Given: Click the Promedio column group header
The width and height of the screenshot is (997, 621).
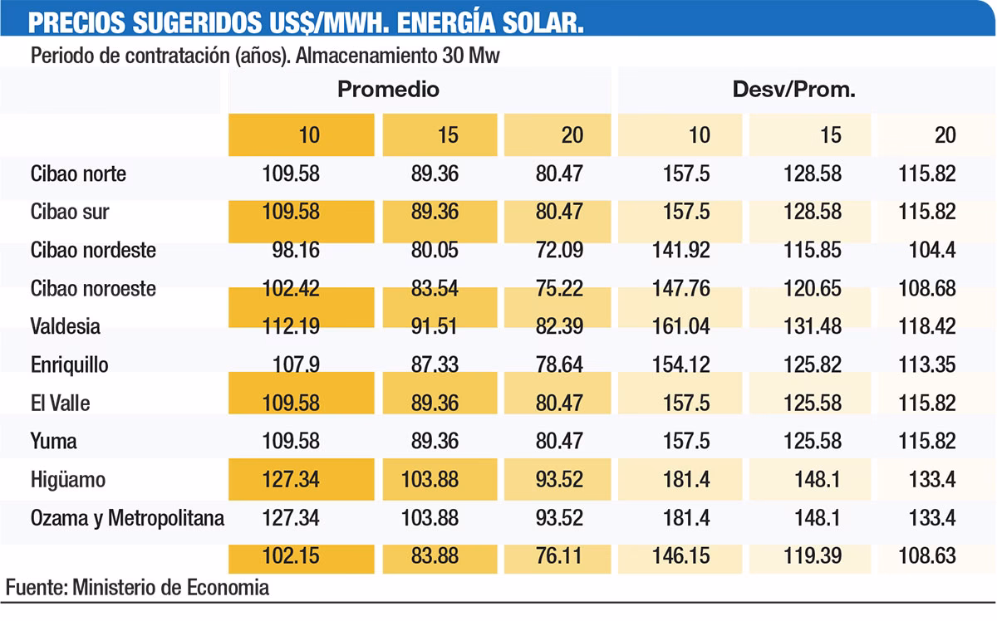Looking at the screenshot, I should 388,89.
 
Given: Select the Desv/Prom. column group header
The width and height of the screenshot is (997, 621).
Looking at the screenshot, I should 793,89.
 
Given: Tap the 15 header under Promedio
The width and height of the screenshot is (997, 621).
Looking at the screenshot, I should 447,135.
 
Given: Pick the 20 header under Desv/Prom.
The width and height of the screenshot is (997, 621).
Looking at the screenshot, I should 945,135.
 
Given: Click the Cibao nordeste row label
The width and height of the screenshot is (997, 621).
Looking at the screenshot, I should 93,250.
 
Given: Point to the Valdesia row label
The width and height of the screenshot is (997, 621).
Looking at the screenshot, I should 66,326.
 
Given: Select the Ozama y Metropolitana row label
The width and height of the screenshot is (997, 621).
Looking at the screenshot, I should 127,518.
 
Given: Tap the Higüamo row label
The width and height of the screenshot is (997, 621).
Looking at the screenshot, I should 68,480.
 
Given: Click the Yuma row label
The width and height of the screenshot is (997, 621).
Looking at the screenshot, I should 53,441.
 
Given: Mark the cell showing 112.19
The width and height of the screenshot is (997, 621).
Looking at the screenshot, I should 290,326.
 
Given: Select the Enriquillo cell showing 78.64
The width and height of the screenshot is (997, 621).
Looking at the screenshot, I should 560,364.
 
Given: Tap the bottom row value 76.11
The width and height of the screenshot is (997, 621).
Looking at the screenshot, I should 560,555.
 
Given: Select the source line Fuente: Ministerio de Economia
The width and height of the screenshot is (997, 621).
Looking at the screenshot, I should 137,588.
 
